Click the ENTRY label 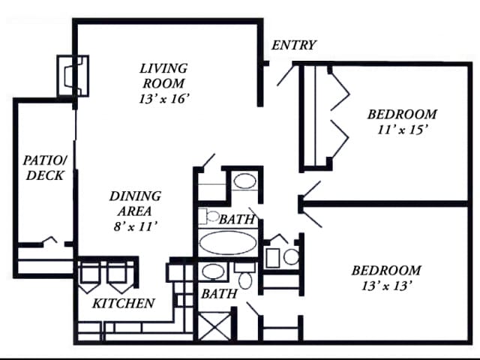click(x=293, y=45)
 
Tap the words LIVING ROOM click(x=163, y=76)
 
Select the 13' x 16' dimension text click(x=163, y=98)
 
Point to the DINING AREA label click(x=135, y=203)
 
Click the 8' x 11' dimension click(x=135, y=226)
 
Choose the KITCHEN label click(x=124, y=303)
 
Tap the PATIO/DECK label click(x=45, y=167)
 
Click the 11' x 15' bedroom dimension click(x=402, y=130)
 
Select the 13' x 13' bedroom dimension click(x=386, y=286)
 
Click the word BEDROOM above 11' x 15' click(x=402, y=114)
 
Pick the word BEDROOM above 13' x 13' click(x=386, y=270)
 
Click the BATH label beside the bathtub click(x=237, y=219)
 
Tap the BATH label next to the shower click(x=219, y=294)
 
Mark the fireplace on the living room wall click(x=73, y=76)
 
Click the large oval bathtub click(x=228, y=243)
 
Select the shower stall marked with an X click(x=215, y=325)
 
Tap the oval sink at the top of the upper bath click(x=245, y=181)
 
